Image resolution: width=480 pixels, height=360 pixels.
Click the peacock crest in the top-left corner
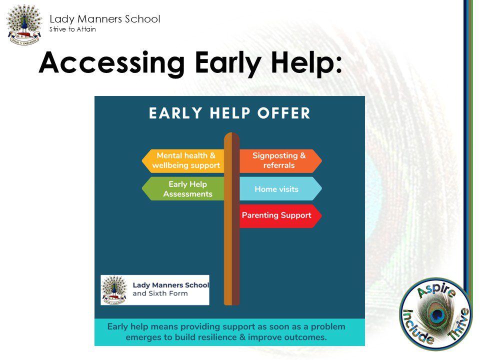pyautogui.click(x=24, y=25)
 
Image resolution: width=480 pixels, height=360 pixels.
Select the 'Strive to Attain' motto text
pyautogui.click(x=72, y=29)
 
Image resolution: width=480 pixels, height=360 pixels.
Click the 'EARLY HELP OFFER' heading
pyautogui.click(x=229, y=113)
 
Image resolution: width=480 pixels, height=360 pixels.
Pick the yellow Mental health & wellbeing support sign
pyautogui.click(x=183, y=160)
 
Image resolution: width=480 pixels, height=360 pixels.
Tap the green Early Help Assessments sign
pyautogui.click(x=183, y=189)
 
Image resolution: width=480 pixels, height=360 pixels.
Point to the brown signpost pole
pyautogui.click(x=231, y=219)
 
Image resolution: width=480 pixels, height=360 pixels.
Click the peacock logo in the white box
pyautogui.click(x=114, y=290)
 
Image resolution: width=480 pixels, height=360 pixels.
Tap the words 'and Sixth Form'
pyautogui.click(x=160, y=293)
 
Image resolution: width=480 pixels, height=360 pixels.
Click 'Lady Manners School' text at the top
pyautogui.click(x=104, y=19)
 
